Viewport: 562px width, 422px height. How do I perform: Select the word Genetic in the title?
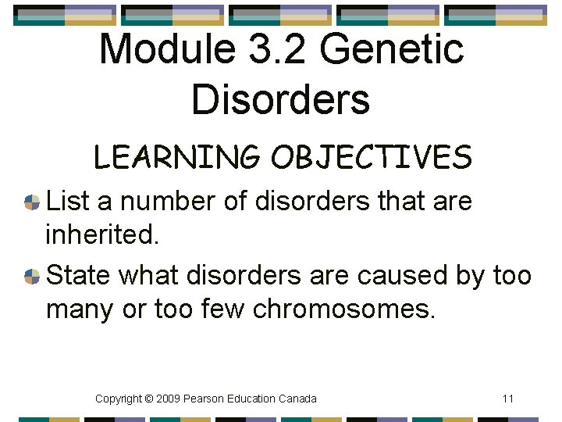pyautogui.click(x=392, y=49)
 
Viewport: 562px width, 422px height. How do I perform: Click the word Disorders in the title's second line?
pyautogui.click(x=280, y=99)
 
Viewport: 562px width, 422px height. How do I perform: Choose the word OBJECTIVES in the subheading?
pyautogui.click(x=372, y=157)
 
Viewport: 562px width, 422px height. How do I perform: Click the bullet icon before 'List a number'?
pyautogui.click(x=32, y=202)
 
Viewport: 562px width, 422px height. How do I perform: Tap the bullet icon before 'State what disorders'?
pyautogui.click(x=32, y=276)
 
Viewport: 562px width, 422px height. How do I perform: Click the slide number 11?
pyautogui.click(x=508, y=399)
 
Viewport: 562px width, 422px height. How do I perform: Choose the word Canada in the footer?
pyautogui.click(x=297, y=399)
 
